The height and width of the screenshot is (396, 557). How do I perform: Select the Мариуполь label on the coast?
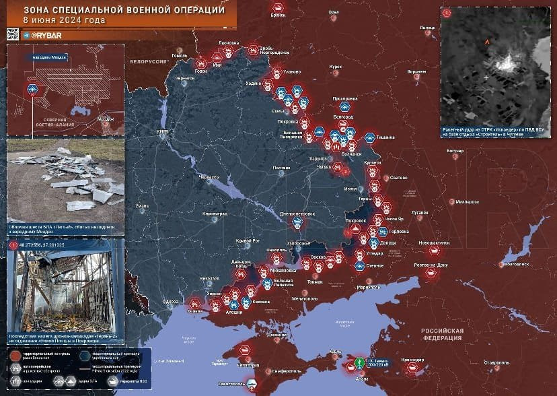pos(369,288)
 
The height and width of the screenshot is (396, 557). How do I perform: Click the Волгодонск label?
pos(517,265)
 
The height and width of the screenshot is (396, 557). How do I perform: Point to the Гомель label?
pos(180,55)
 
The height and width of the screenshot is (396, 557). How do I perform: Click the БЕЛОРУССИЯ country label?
pos(148,61)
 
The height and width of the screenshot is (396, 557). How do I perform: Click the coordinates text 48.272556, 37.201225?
pos(47,246)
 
